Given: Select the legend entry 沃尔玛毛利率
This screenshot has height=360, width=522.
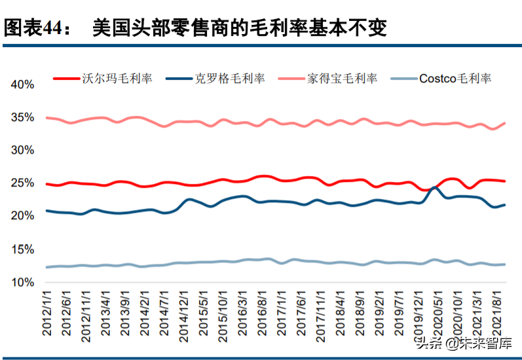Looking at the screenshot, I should [117, 79].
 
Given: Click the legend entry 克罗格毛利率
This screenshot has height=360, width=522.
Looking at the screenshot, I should [230, 79].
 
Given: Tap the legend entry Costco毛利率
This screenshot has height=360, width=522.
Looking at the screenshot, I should [455, 79].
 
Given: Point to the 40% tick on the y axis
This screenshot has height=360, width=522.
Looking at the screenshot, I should [22, 84].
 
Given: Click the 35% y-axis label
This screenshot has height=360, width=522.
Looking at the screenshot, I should [22, 118].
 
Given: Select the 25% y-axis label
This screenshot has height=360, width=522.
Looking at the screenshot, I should [22, 183].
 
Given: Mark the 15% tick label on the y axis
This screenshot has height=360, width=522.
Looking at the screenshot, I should [22, 249].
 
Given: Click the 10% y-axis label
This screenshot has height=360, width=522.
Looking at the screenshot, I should [22, 282].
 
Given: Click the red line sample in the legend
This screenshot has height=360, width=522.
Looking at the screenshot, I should [67, 79].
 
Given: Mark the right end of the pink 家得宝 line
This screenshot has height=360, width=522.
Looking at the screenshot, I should [504, 123].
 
